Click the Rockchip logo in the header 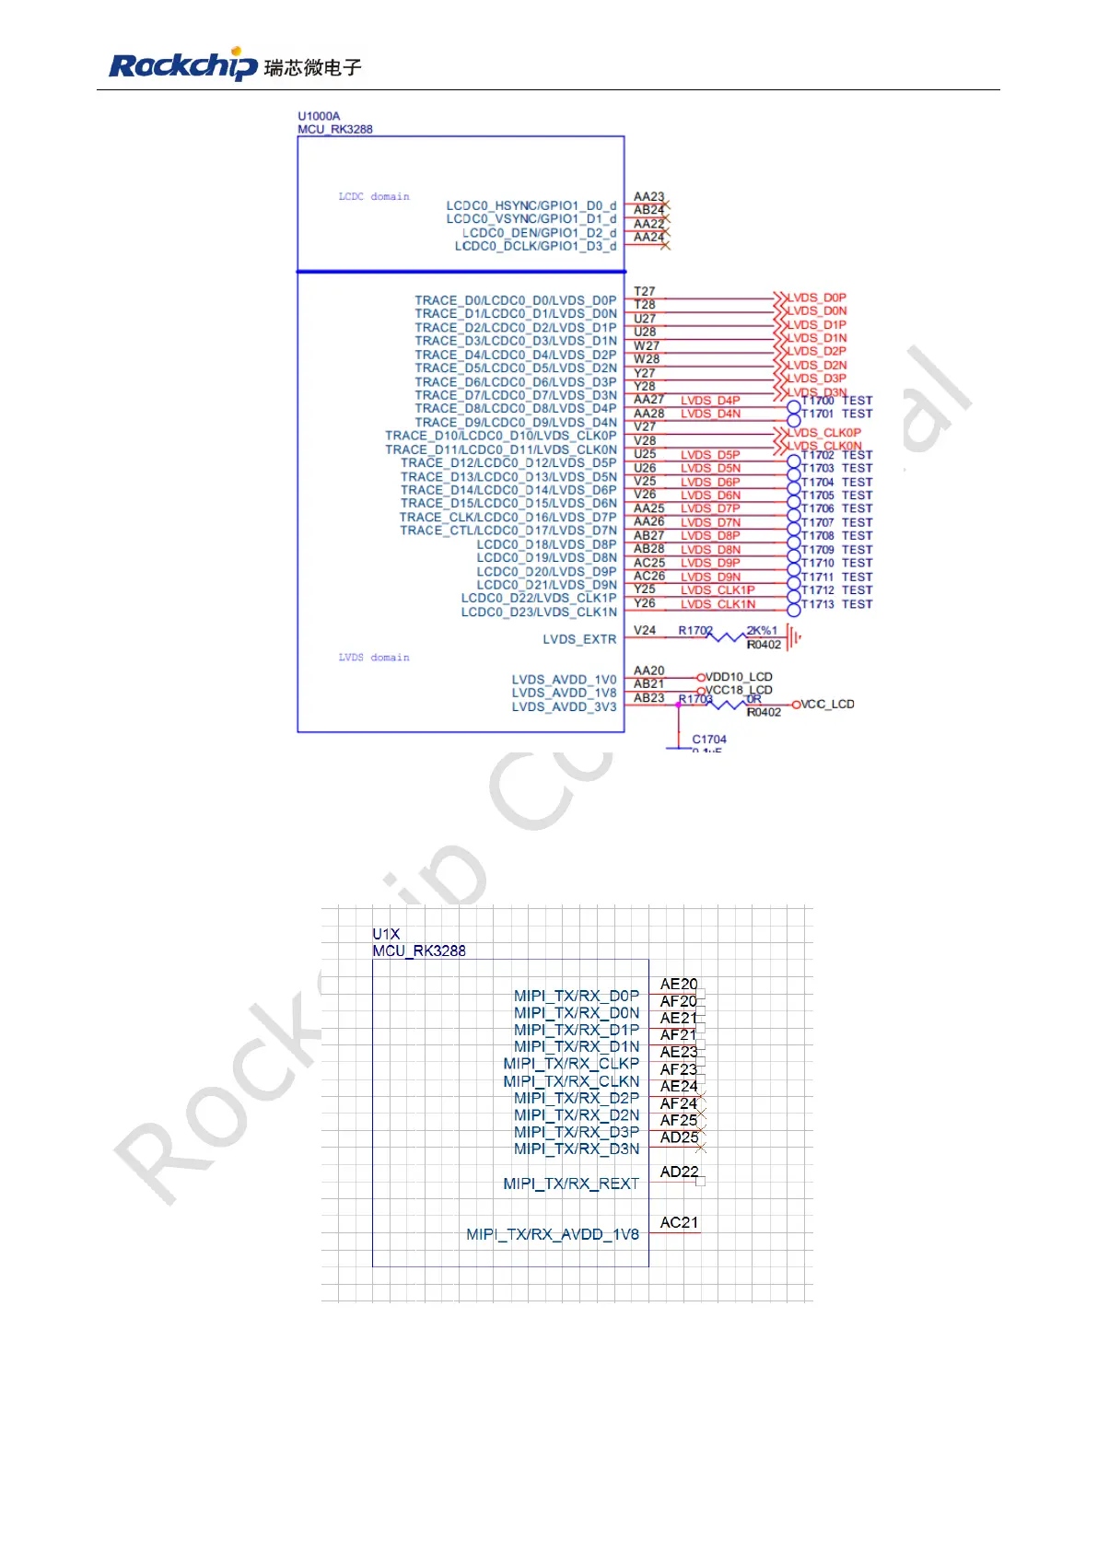(182, 65)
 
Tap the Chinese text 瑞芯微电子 (312, 67)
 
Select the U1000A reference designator (319, 116)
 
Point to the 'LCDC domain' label (374, 196)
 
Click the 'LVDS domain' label (374, 658)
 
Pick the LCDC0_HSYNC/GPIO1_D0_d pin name (531, 205)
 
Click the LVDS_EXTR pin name (579, 639)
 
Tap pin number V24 (645, 631)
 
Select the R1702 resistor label (695, 631)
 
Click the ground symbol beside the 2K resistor (794, 636)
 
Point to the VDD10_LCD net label (739, 677)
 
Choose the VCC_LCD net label (827, 705)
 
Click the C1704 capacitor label (709, 740)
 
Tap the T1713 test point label (818, 604)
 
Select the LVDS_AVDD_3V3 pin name (564, 707)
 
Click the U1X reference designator (386, 934)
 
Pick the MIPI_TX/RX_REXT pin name (571, 1184)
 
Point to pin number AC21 (679, 1223)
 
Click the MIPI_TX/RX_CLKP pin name (571, 1064)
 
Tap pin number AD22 (679, 1172)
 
